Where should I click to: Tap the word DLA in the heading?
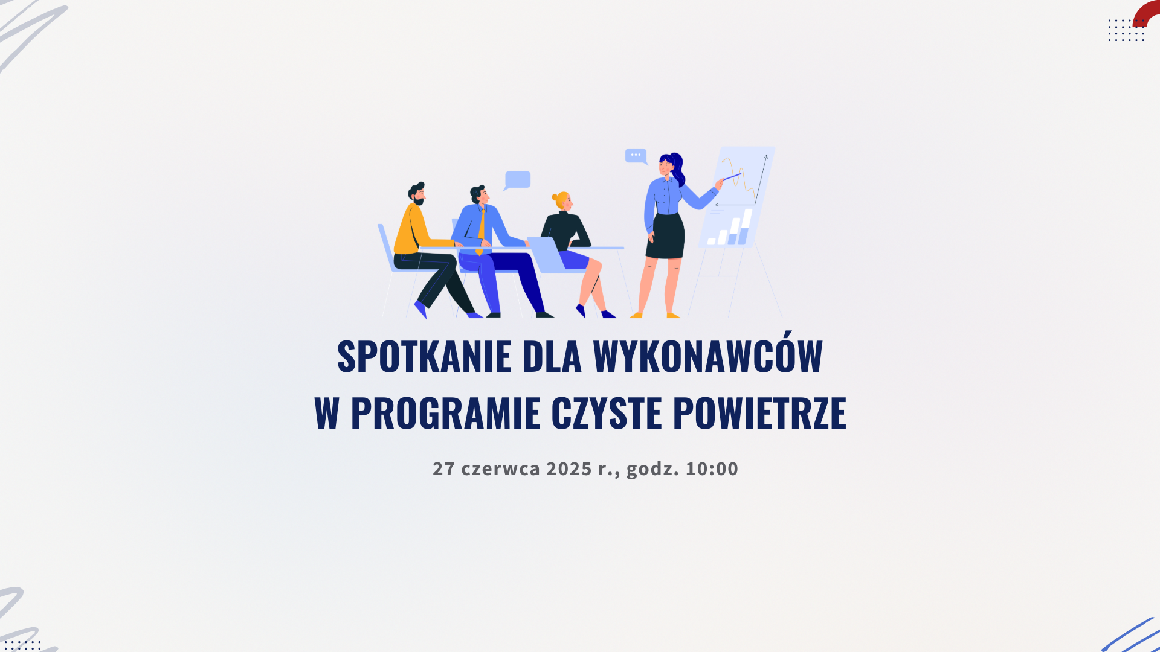pos(552,356)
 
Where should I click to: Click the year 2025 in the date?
pos(569,468)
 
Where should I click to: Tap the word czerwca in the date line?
pos(500,468)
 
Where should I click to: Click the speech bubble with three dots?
pos(636,155)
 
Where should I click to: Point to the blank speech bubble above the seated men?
pos(518,179)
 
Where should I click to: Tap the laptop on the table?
pos(546,254)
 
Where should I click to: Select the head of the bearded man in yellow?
pos(417,193)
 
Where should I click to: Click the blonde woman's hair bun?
pos(555,197)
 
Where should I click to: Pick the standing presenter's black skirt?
pos(666,236)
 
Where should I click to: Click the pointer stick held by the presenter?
pos(732,177)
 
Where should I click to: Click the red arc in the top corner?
pos(1147,13)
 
